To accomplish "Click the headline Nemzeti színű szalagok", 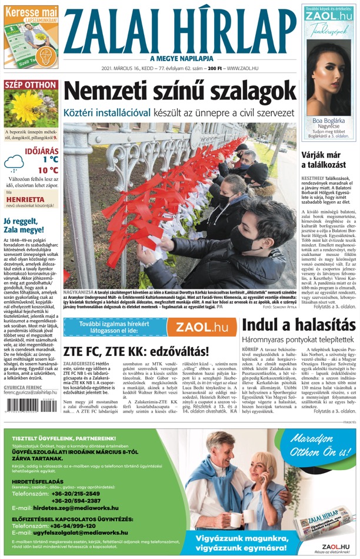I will (x=179, y=92).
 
